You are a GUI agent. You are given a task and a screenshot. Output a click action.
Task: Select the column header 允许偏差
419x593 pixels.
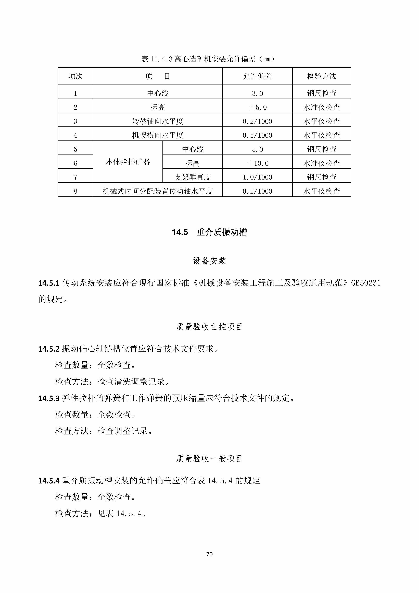(257, 76)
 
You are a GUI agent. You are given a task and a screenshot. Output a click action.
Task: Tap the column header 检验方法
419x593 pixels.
(322, 76)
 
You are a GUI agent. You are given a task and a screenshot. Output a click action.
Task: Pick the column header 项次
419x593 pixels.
(75, 76)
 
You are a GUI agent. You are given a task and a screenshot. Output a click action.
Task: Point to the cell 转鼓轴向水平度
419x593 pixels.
(158, 121)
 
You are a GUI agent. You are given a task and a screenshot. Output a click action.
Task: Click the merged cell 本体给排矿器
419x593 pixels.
(128, 162)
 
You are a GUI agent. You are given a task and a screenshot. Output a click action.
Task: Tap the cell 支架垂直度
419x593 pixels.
(193, 177)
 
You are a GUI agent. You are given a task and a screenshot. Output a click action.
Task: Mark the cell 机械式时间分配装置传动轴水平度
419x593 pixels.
(158, 191)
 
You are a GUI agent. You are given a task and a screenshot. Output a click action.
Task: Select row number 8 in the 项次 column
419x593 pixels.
(75, 191)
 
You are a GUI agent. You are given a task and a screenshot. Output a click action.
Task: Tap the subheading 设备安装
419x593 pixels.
(209, 261)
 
